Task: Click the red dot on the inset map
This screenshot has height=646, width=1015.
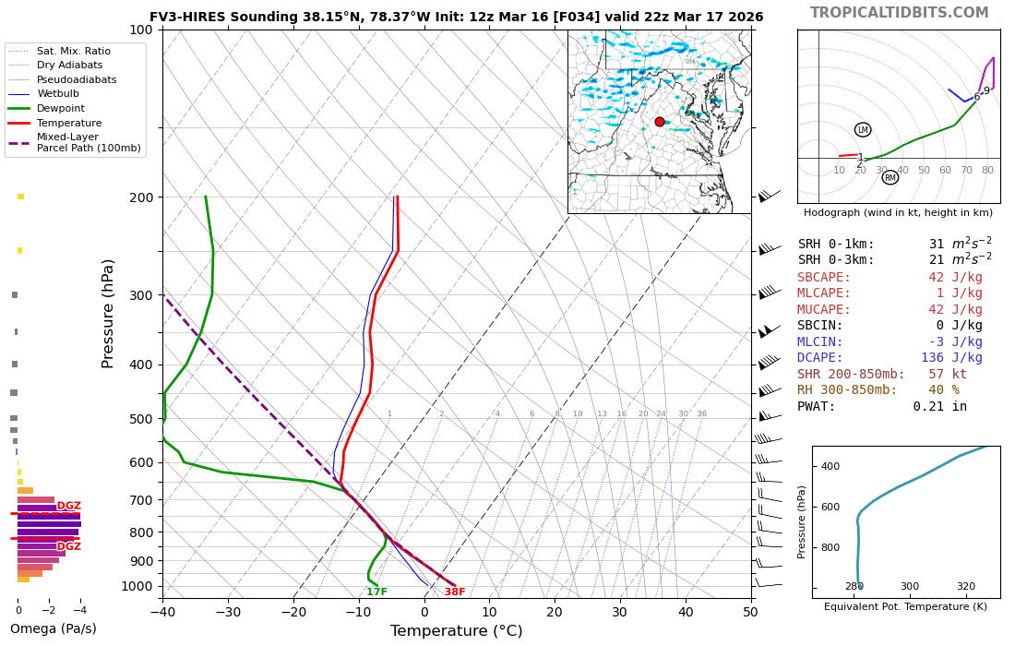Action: coord(659,122)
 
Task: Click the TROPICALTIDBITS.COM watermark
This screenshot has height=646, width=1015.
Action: coord(899,13)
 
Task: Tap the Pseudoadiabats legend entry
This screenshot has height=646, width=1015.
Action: coord(77,79)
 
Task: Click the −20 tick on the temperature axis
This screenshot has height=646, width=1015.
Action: coord(293,611)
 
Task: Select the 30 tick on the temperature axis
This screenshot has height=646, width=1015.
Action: coord(619,611)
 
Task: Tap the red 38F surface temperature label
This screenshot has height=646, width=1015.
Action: coord(455,592)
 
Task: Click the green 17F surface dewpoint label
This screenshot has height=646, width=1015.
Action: coord(376,592)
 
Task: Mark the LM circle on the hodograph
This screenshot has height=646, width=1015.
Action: coord(863,130)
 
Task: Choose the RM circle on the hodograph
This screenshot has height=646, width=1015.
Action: coord(890,177)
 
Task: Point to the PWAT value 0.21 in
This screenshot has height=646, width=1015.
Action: coord(939,406)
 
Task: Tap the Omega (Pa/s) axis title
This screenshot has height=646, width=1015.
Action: coord(53,629)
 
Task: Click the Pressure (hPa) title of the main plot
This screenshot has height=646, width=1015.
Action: coord(109,314)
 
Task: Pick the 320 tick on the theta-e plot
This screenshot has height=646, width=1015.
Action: coord(965,586)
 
